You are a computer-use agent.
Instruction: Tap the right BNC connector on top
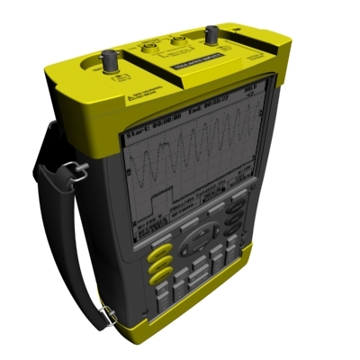tap(213, 36)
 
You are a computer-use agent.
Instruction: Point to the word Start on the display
tap(135, 114)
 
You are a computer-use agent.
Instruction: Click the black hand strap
tap(63, 234)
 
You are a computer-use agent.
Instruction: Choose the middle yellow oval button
tap(160, 264)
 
